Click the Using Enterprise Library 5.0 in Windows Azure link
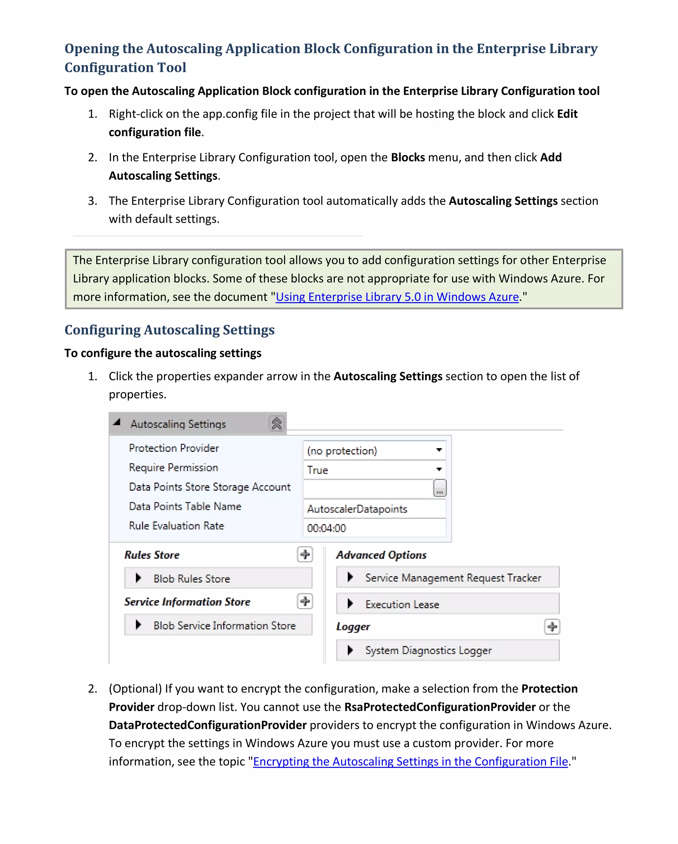[x=397, y=297]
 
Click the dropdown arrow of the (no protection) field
[x=439, y=450]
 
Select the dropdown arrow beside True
[x=439, y=469]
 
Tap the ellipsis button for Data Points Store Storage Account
[x=440, y=489]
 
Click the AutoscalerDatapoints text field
[x=374, y=509]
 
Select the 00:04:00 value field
[x=374, y=528]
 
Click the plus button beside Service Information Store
[x=305, y=601]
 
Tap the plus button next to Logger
[x=552, y=627]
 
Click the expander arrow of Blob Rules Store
[x=138, y=578]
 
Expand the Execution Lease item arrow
[x=350, y=604]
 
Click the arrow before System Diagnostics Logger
[x=350, y=650]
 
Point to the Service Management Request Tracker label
[x=453, y=578]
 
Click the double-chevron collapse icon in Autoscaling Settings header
[x=276, y=424]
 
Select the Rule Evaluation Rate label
[x=176, y=526]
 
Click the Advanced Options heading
[x=381, y=555]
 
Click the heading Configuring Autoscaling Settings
[x=169, y=330]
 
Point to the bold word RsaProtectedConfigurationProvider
[x=440, y=707]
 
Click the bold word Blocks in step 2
[x=408, y=157]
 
